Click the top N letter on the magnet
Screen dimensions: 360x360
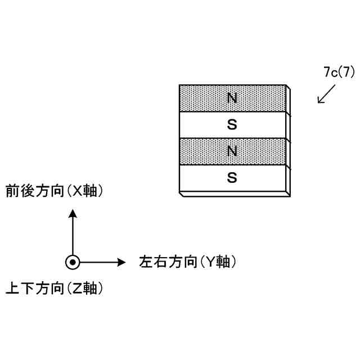232,98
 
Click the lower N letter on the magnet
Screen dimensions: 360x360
232,151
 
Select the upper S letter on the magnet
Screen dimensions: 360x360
232,124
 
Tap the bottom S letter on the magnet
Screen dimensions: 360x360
232,178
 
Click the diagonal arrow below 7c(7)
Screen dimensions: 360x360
326,94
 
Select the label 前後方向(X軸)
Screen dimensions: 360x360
55,191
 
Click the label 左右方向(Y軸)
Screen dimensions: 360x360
187,262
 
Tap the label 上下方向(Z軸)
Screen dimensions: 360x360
55,289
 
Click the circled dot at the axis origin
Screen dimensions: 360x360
73,262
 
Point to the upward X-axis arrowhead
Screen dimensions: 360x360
73,213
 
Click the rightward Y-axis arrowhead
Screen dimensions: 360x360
120,262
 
